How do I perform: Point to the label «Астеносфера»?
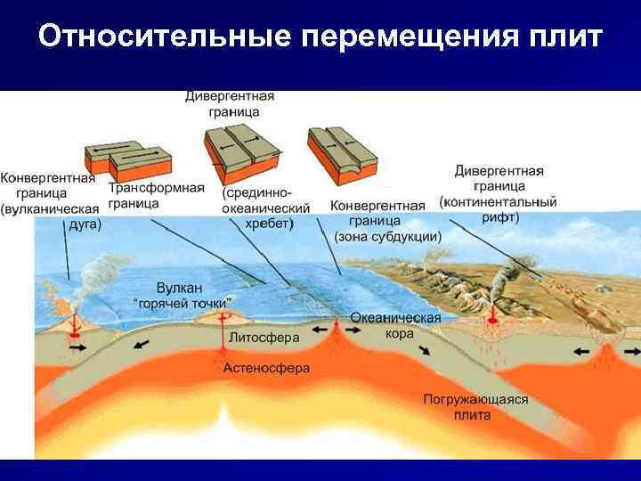click(x=266, y=367)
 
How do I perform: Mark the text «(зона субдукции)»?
click(x=387, y=237)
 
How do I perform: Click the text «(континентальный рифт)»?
click(x=498, y=209)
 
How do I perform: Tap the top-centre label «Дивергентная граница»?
click(x=229, y=103)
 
